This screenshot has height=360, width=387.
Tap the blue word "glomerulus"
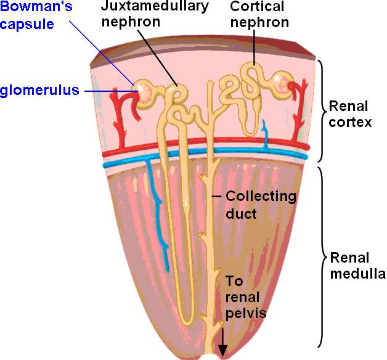(39, 91)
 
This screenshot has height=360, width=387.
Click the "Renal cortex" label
(350, 113)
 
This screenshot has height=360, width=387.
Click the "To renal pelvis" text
(246, 297)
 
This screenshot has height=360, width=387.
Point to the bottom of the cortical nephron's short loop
(250, 132)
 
